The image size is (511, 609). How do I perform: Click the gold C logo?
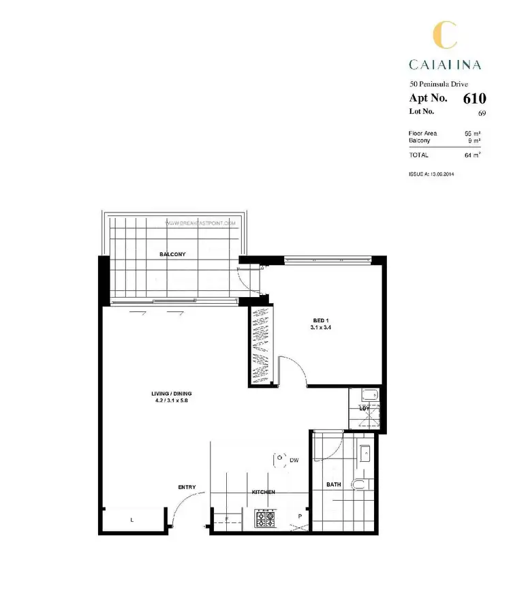[445, 35]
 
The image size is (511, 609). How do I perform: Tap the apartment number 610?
[474, 98]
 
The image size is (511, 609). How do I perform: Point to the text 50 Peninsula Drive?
[439, 84]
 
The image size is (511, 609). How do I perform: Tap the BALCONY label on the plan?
[172, 254]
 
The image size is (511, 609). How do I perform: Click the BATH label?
[333, 485]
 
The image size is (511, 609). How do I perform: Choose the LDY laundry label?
[364, 408]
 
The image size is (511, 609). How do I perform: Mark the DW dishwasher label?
[294, 461]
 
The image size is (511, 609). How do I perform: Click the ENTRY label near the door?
[187, 487]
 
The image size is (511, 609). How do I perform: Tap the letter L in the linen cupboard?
[131, 520]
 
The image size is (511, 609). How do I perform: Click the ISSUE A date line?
[431, 174]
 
